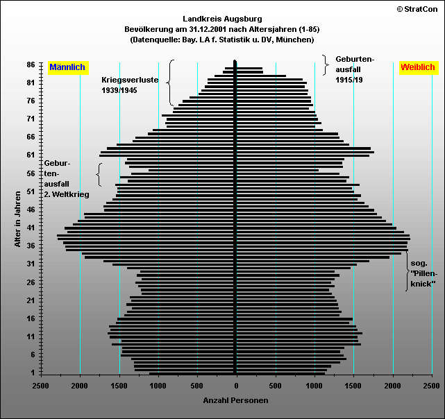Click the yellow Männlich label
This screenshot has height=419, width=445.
pyautogui.click(x=67, y=67)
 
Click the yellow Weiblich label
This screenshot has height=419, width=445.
pyautogui.click(x=417, y=67)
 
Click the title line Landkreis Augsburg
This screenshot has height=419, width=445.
pyautogui.click(x=223, y=18)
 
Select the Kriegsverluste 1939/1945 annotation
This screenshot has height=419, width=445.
pyautogui.click(x=130, y=85)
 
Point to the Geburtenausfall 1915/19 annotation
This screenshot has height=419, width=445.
pyautogui.click(x=354, y=69)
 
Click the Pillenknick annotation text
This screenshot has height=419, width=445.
pyautogui.click(x=423, y=274)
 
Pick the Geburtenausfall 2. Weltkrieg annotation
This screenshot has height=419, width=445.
pyautogui.click(x=66, y=179)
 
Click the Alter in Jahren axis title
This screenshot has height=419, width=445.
pyautogui.click(x=17, y=219)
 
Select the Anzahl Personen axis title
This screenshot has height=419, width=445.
pyautogui.click(x=235, y=400)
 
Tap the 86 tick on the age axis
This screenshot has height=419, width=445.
pyautogui.click(x=31, y=65)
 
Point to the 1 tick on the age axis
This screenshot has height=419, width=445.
pyautogui.click(x=33, y=373)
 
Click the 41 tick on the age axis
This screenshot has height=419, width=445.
pyautogui.click(x=31, y=228)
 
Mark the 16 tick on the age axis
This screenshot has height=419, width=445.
pyautogui.click(x=31, y=318)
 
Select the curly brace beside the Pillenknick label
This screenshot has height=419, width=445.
pyautogui.click(x=407, y=273)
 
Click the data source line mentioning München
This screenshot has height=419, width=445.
pyautogui.click(x=223, y=40)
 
